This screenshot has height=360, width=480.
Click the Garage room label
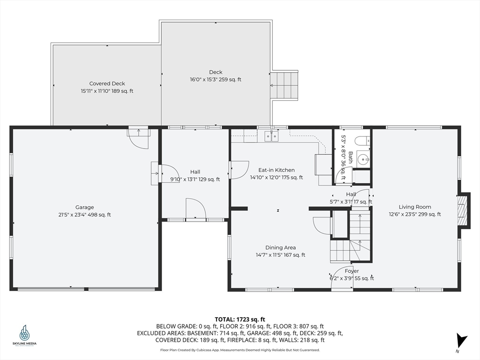click(x=84, y=207)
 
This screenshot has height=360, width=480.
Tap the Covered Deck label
click(x=107, y=83)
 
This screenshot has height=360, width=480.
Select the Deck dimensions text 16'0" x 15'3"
click(x=203, y=80)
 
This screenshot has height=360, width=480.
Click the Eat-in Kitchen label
click(x=277, y=170)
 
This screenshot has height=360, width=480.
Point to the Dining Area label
click(x=280, y=247)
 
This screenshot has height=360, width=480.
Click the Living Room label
click(x=415, y=207)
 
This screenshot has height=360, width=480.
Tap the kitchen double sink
click(x=271, y=135)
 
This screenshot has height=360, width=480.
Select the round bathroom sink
click(x=363, y=159)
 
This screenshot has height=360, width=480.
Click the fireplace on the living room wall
click(x=464, y=210)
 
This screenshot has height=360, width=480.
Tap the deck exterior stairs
click(x=284, y=85)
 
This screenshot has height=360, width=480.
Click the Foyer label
click(x=352, y=271)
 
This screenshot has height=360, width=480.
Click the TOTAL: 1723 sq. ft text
click(x=240, y=320)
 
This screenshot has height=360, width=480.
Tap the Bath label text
click(x=351, y=157)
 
